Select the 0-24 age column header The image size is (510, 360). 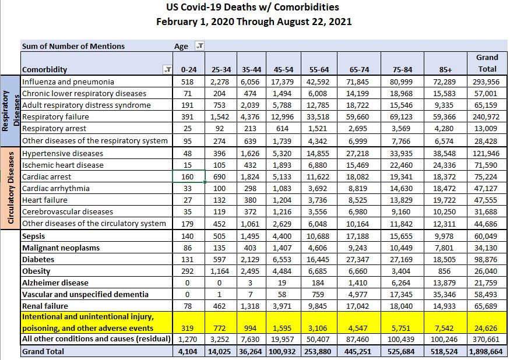pos(187,69)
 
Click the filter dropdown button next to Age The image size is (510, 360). pos(199,46)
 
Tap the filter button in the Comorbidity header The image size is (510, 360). pos(168,70)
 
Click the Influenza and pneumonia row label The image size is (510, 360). pos(68,82)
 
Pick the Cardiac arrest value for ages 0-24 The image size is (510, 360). pos(187,177)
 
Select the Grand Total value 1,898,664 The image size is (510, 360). pos(487,351)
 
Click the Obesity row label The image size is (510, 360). pos(36,271)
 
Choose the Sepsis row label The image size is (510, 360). pos(34,236)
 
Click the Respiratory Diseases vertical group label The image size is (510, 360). pos(10,111)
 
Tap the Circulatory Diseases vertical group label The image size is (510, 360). pos(10,188)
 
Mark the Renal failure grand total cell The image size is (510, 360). pos(487,306)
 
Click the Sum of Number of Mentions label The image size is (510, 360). pos(73,46)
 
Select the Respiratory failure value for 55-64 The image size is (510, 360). pos(318,117)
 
